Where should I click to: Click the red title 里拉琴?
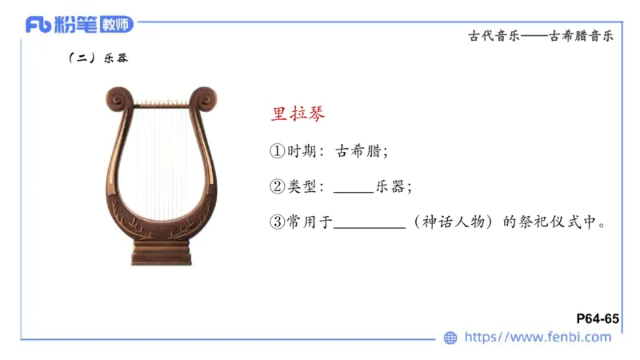[298, 113]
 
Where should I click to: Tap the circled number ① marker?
[277, 150]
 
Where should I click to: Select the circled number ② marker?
[277, 186]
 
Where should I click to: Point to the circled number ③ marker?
[277, 222]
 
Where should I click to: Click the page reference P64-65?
[598, 318]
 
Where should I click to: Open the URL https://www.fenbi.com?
[538, 338]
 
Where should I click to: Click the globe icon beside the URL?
[450, 338]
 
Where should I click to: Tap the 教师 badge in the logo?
[116, 25]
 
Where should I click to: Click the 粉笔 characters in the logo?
[78, 25]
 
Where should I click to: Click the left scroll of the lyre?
[118, 100]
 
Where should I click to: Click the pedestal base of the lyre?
[162, 254]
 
